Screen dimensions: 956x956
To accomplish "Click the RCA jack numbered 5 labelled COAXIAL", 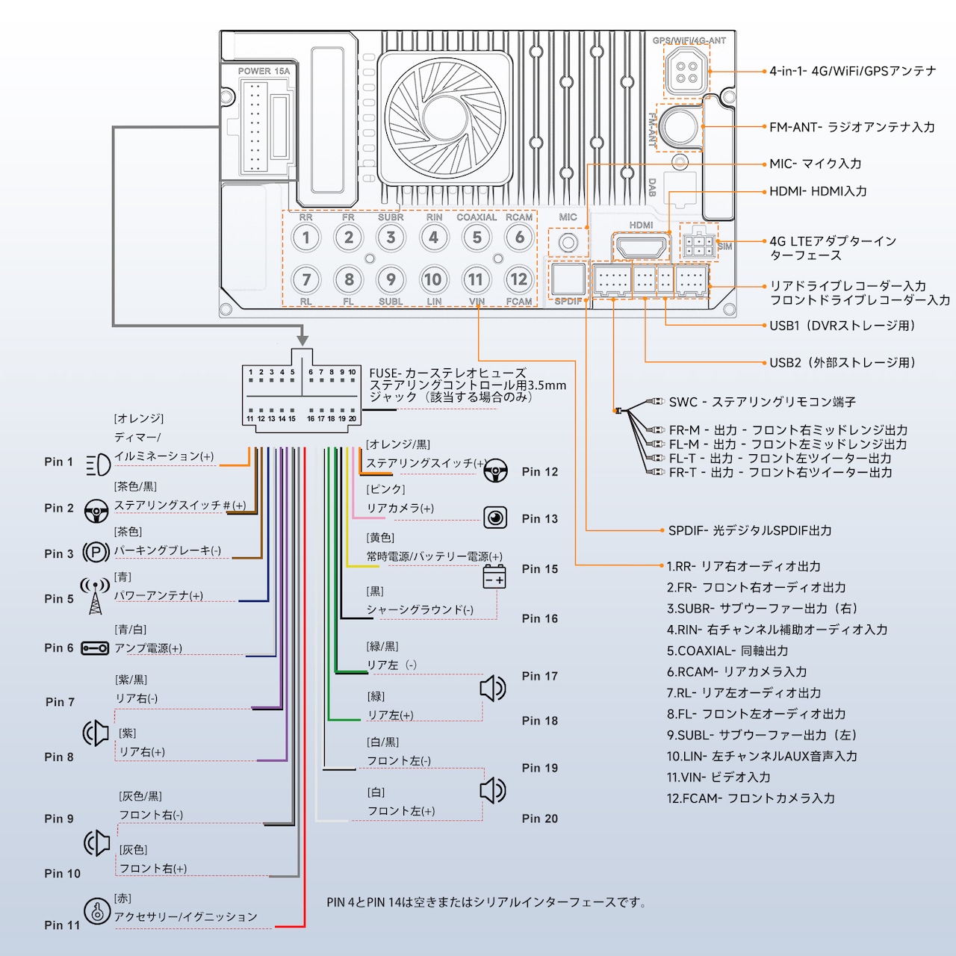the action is (477, 238).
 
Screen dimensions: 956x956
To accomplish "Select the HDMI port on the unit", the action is (641, 246).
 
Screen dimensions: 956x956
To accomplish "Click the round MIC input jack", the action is (568, 243).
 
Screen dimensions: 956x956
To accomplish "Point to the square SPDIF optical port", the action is (568, 280).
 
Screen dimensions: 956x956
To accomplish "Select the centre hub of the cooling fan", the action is (445, 117).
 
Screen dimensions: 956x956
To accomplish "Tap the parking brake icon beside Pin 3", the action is (96, 552).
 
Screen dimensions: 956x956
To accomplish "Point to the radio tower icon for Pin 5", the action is (96, 596).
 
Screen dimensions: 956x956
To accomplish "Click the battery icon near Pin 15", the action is (494, 577).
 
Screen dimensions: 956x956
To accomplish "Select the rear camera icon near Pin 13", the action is (495, 518).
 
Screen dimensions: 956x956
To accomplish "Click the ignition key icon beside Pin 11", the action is (97, 911).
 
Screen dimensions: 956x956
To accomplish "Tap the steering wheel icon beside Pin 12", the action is (496, 471).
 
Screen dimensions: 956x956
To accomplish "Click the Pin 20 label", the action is (540, 819).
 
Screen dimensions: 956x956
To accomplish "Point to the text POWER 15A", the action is (264, 71).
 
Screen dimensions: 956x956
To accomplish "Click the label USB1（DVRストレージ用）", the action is (842, 326).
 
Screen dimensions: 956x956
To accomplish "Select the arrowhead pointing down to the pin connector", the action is (302, 340).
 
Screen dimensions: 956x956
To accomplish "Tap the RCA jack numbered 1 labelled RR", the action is (306, 238).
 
